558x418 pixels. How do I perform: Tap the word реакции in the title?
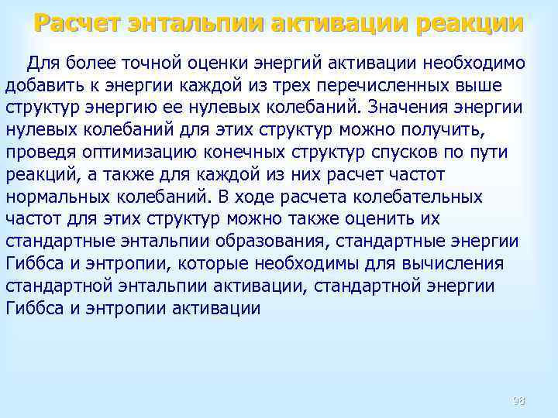[470, 24]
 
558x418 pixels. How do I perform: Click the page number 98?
[518, 400]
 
